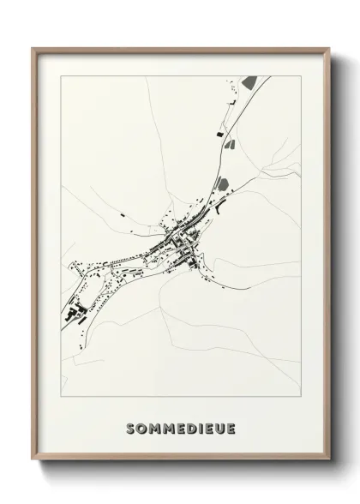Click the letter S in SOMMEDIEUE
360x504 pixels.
[x=131, y=428]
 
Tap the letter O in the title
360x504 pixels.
[x=143, y=428]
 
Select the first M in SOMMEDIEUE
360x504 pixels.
[x=156, y=428]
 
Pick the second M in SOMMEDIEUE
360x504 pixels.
[x=171, y=428]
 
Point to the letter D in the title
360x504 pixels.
[x=195, y=428]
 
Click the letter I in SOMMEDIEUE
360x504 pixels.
[x=204, y=428]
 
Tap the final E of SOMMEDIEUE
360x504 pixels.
[x=234, y=428]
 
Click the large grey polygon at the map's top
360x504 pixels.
[x=249, y=82]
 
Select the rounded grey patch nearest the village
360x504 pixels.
[x=222, y=184]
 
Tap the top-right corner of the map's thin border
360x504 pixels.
[x=300, y=76]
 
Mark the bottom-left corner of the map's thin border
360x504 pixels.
[x=60, y=396]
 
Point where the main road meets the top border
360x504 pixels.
[x=271, y=76]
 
